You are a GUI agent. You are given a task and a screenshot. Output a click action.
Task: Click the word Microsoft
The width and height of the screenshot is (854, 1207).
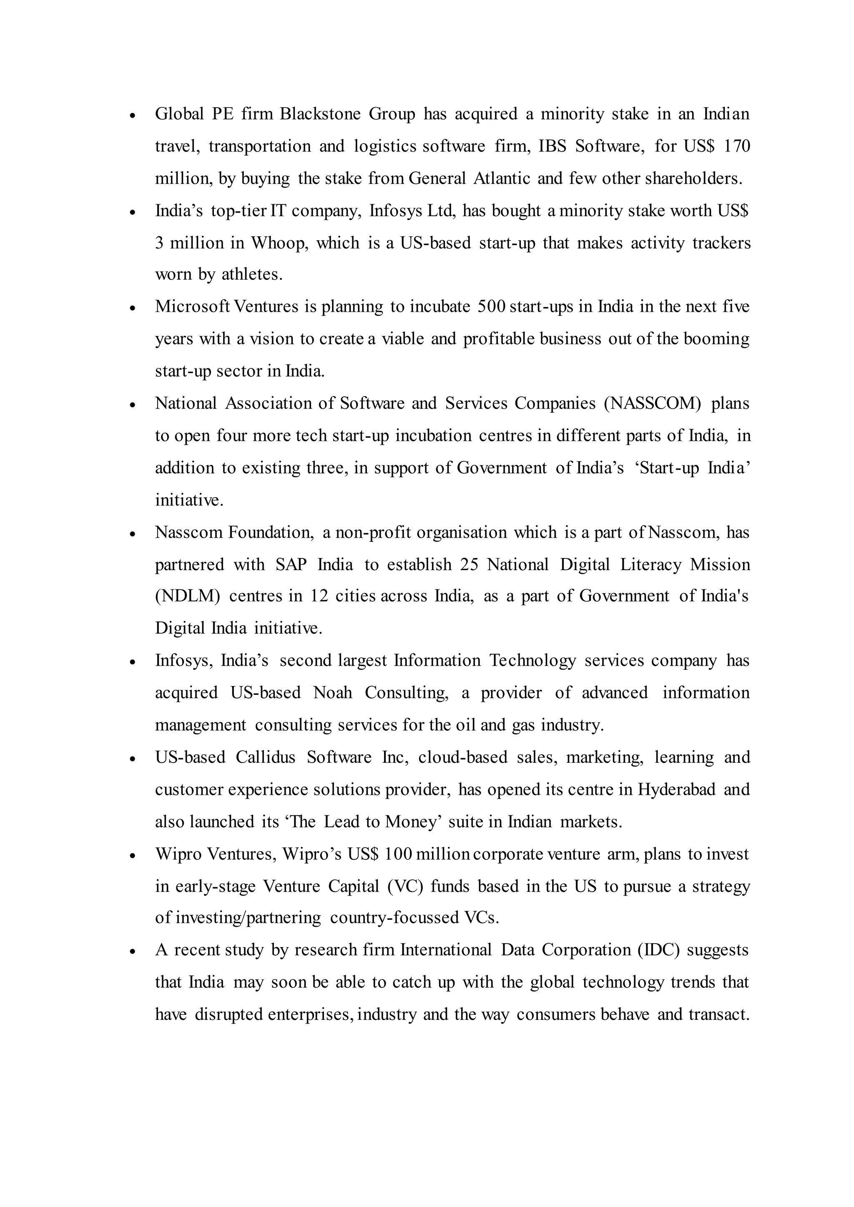[192, 306]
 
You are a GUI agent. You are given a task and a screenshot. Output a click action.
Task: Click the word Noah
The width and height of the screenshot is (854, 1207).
[332, 692]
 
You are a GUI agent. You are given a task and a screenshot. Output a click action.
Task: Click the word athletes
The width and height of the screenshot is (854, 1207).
[252, 274]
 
